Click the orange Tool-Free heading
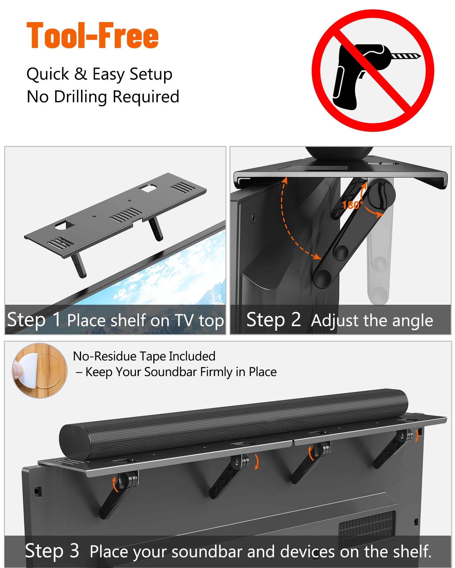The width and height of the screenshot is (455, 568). (x=93, y=36)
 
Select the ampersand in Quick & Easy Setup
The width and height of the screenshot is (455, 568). (x=81, y=74)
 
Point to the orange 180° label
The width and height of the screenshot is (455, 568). (x=353, y=205)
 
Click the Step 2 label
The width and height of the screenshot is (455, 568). (x=274, y=319)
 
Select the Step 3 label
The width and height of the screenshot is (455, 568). (x=52, y=551)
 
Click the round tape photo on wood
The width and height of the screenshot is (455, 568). (x=40, y=371)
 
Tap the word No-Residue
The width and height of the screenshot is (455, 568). (x=105, y=356)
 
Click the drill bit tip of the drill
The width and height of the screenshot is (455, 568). (x=420, y=56)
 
